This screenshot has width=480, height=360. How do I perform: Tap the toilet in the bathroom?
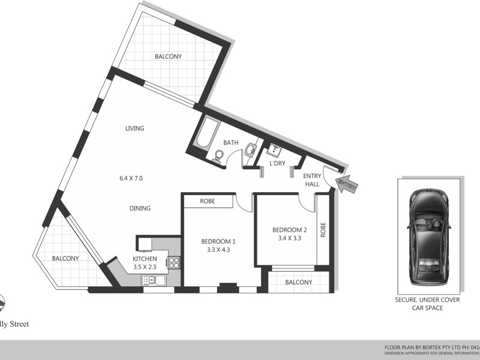(219, 156)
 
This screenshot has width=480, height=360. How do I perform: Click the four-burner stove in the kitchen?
(173, 262)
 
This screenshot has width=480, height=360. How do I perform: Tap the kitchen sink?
(149, 279)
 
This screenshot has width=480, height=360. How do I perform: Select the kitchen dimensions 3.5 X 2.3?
(145, 268)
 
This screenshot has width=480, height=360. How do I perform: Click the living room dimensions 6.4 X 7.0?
(131, 178)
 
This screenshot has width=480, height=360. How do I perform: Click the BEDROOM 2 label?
(290, 230)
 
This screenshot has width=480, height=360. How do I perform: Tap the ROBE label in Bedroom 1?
(208, 201)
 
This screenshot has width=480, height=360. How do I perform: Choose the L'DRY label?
(277, 163)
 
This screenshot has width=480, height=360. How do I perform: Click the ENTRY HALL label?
(313, 180)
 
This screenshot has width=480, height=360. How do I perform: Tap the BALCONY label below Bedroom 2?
(298, 283)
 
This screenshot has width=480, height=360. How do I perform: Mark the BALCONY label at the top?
(168, 57)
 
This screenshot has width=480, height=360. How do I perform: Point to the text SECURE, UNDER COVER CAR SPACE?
(427, 304)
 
